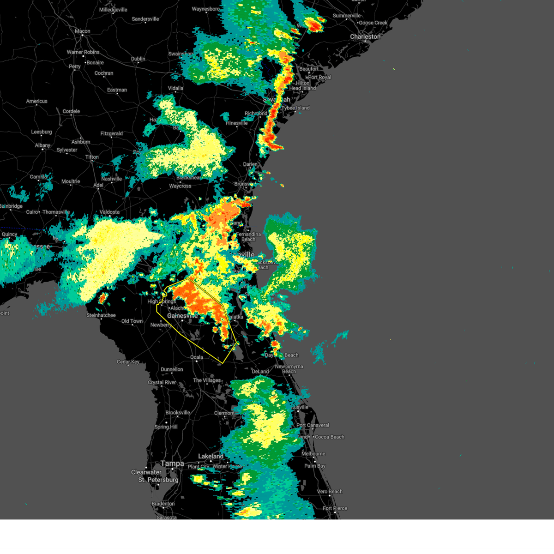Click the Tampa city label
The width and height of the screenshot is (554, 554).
(172, 464)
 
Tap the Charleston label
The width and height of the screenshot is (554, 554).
(365, 36)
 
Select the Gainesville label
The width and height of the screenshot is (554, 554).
(182, 316)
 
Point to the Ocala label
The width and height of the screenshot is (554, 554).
(197, 357)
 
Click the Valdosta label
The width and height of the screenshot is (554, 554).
(109, 212)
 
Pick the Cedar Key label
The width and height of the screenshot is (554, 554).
(128, 362)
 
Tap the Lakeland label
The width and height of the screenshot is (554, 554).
(211, 456)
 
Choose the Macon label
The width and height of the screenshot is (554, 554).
(83, 31)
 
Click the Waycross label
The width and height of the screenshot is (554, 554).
(180, 186)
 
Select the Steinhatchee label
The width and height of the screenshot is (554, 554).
(101, 315)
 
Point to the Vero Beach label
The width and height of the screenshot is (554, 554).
(330, 492)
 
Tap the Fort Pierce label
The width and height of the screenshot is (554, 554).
(335, 508)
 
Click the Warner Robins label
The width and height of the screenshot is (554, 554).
(83, 52)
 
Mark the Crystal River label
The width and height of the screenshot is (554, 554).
(162, 382)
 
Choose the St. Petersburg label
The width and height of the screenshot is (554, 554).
(158, 480)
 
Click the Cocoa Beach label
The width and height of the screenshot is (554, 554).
(329, 437)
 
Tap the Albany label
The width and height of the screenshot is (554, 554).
(42, 145)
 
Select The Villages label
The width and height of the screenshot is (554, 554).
(207, 380)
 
